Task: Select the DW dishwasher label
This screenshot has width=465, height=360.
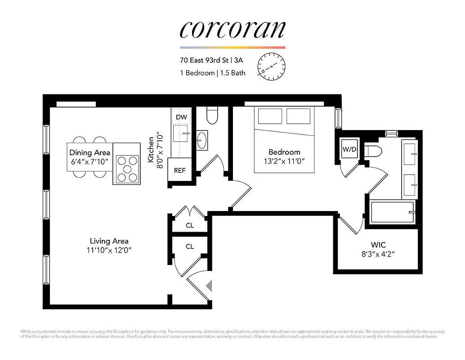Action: (x=181, y=117)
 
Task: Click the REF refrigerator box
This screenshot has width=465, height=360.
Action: (x=180, y=171)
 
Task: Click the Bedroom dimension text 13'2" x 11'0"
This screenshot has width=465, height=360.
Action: (x=284, y=161)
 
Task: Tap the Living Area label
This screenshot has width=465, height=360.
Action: (x=109, y=241)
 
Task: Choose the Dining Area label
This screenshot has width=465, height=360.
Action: (x=89, y=153)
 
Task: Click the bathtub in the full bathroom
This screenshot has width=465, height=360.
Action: (x=392, y=212)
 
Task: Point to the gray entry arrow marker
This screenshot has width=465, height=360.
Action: (x=208, y=286)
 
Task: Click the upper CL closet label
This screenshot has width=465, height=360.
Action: (x=190, y=225)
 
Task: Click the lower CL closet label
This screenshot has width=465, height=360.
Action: (x=190, y=247)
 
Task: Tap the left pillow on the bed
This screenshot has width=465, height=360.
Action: (x=269, y=116)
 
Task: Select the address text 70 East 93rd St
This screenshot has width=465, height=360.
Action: (x=205, y=59)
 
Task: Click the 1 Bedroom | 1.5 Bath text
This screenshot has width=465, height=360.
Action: (x=213, y=72)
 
